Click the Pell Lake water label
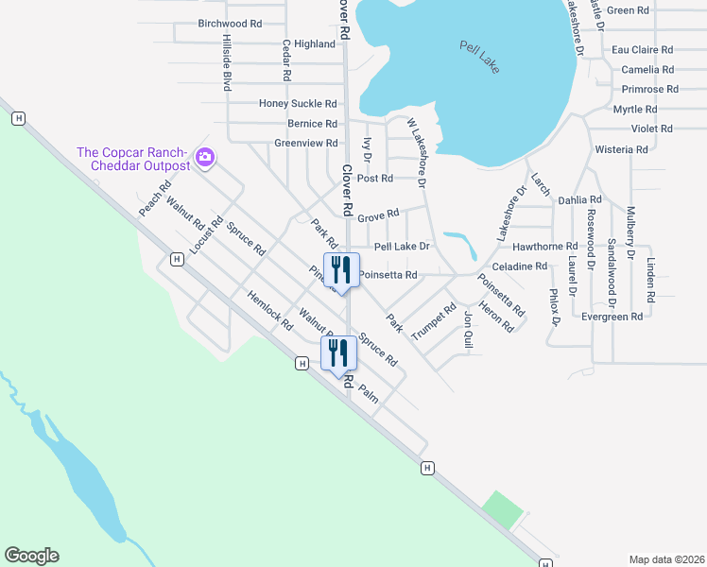pos(479,58)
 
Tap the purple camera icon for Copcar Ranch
pos(206,158)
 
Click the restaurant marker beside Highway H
pos(338,353)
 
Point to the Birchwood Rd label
pos(230,24)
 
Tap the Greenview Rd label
pos(306,144)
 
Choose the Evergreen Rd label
pos(612,317)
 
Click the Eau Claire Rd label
pos(642,50)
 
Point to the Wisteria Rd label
pos(621,149)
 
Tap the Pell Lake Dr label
pos(402,247)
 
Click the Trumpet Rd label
pos(434,322)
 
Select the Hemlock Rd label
pos(270,310)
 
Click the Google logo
pos(31,556)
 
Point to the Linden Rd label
pos(650,273)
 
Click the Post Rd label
pos(374,179)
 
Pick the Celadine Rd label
pos(520,266)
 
